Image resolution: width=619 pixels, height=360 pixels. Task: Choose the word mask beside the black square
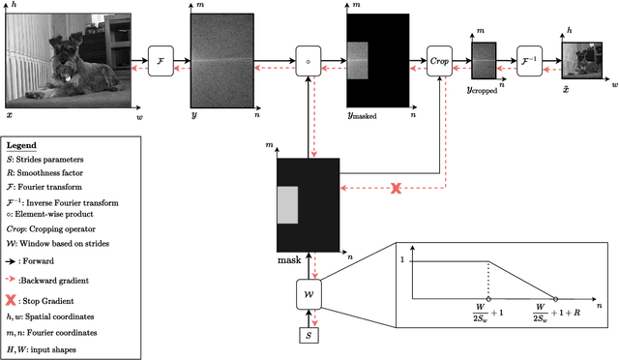click(289, 260)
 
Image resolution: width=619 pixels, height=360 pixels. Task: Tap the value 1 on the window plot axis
click(403, 259)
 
